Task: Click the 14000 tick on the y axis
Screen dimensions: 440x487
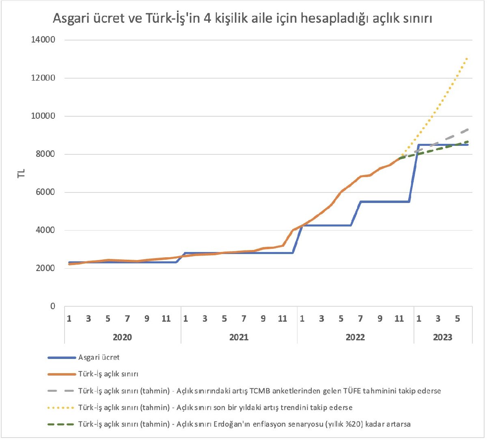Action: (43, 40)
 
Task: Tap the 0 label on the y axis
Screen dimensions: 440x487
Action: (52, 306)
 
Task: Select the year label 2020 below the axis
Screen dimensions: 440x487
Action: (122, 337)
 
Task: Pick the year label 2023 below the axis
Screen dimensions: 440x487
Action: (442, 337)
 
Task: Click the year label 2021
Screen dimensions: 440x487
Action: (239, 337)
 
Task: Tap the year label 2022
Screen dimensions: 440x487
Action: (355, 337)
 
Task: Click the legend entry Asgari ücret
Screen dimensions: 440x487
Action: (99, 357)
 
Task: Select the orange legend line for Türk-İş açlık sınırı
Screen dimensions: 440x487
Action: (61, 374)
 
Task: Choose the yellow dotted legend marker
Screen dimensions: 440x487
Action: (61, 408)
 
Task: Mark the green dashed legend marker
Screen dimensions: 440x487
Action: (61, 424)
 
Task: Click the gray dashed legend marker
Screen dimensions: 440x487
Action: (61, 391)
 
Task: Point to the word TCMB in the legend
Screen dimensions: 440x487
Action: (260, 391)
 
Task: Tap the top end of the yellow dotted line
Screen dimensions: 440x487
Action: (468, 59)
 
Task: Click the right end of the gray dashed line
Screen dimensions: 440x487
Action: (468, 130)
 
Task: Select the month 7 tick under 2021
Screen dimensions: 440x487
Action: (243, 319)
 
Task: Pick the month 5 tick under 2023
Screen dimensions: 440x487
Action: (457, 319)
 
